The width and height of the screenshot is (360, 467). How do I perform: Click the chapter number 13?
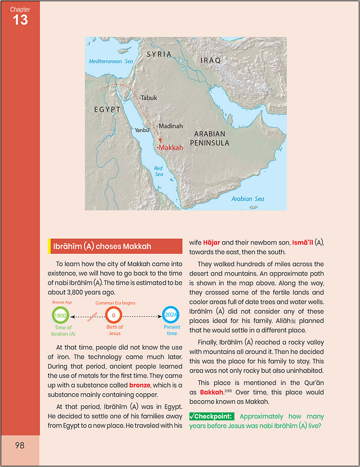(20, 20)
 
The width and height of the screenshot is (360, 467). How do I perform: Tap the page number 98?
(19, 445)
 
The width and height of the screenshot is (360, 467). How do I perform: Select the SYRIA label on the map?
(159, 54)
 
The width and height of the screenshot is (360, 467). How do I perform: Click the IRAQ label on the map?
(211, 60)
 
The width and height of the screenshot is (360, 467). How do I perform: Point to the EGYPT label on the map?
(107, 109)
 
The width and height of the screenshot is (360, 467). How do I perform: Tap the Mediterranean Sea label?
(111, 62)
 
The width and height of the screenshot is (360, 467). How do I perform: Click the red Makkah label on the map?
(171, 148)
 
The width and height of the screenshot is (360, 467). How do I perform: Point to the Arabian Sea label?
(248, 198)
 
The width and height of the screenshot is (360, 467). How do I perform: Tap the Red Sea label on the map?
(159, 171)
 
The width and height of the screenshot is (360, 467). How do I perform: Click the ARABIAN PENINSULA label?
(211, 139)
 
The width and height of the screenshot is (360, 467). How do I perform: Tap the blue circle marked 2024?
(170, 314)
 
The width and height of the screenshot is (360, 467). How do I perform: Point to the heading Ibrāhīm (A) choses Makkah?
(102, 247)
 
